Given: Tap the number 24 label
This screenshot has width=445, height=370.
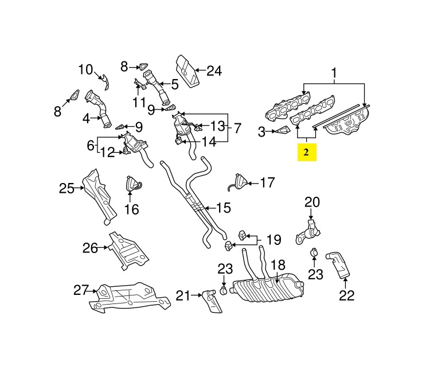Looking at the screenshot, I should pyautogui.click(x=214, y=71).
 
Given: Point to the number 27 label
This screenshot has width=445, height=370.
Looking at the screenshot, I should pyautogui.click(x=80, y=290).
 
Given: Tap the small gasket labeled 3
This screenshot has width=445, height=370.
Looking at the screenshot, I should pyautogui.click(x=281, y=131).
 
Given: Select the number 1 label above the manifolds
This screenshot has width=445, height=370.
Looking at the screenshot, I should pyautogui.click(x=334, y=73).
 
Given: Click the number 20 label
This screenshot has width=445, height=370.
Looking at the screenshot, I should pyautogui.click(x=312, y=202).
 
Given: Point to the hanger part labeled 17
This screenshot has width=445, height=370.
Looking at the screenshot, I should pyautogui.click(x=240, y=181).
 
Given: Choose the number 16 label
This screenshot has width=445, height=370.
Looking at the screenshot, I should pyautogui.click(x=132, y=209).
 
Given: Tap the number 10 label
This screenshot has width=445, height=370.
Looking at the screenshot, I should pyautogui.click(x=85, y=70).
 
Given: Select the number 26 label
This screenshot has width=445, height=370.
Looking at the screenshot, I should pyautogui.click(x=90, y=248).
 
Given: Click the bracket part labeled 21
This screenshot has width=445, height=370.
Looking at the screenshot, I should pyautogui.click(x=212, y=301).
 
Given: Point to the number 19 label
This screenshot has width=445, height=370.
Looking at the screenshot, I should pyautogui.click(x=274, y=238).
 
